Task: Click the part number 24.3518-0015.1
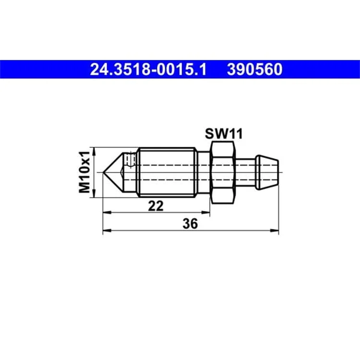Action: coord(148,69)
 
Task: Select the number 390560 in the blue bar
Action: coord(254,69)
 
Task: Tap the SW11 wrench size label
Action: coord(224,134)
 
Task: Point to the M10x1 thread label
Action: coord(84,172)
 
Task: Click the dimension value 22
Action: coord(156,206)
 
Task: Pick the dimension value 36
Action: coord(190,223)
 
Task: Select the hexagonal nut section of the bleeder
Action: coord(223,172)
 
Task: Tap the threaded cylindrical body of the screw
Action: coord(167,172)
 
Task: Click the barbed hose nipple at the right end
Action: coord(267,172)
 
